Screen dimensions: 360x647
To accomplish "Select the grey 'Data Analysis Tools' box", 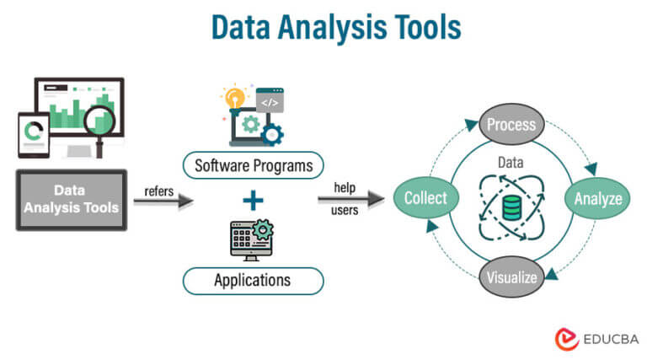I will point(71,200).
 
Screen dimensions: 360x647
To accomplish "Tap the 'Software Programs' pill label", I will point(253,163).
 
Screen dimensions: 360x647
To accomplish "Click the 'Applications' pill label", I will point(253,280).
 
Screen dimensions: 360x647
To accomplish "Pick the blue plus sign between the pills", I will point(253,201).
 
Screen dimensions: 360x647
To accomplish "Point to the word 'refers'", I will point(158,191).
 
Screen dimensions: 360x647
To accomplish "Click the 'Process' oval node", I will point(511,125).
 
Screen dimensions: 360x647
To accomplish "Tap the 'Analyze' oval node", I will point(597,199).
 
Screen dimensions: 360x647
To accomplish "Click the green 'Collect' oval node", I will point(425,199).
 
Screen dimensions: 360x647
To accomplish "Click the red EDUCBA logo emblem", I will point(566,338).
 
